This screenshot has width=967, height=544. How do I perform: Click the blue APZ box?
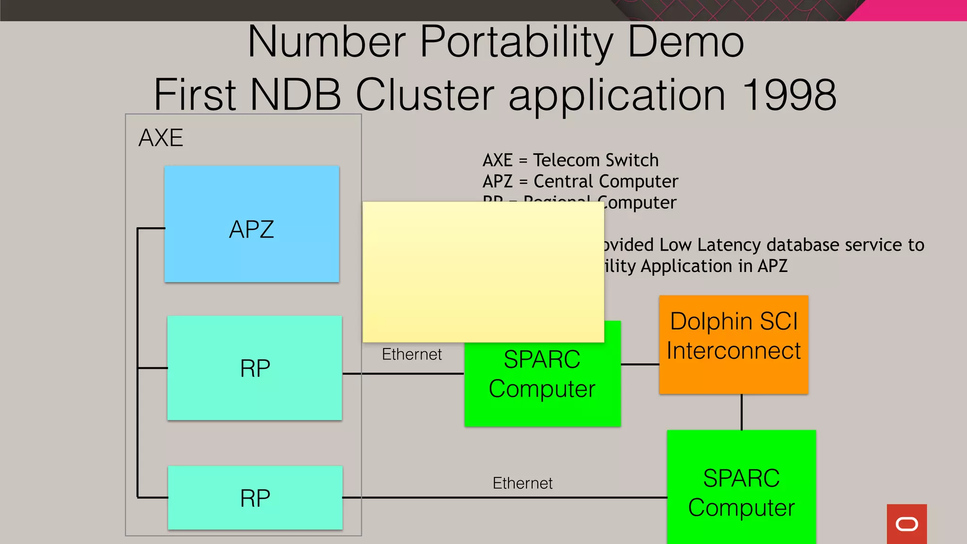(x=252, y=224)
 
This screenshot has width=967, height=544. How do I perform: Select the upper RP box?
(x=254, y=368)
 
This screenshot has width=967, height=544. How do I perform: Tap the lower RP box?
(x=255, y=498)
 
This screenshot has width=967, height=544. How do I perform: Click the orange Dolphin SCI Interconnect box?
(x=734, y=345)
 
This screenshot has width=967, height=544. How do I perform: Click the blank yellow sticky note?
(x=483, y=272)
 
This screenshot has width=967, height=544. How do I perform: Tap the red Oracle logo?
(x=907, y=524)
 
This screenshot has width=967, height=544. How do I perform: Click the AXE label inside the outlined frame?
(x=161, y=138)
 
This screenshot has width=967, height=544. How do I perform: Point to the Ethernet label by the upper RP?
(x=412, y=354)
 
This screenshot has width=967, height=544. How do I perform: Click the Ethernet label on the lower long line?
(x=522, y=483)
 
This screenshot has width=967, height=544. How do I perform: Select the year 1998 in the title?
(x=789, y=94)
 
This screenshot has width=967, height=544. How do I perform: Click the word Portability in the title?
(x=517, y=42)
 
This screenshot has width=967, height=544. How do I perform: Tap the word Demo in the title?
(x=686, y=42)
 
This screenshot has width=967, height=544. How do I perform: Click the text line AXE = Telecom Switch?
(x=570, y=160)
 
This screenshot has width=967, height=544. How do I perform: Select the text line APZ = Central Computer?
(x=580, y=181)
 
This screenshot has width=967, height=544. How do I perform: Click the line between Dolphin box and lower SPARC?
(x=742, y=412)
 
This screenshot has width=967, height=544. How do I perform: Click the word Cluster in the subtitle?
(x=424, y=94)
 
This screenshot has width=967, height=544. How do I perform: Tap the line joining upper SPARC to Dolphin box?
(x=640, y=364)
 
